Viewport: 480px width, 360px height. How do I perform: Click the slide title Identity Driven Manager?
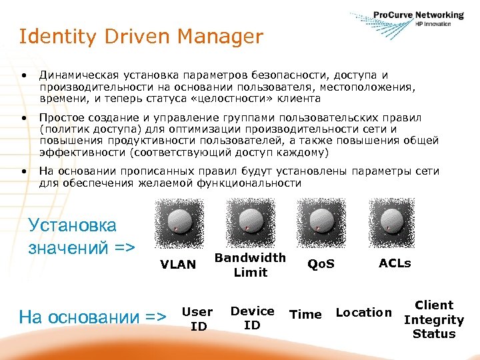(x=141, y=37)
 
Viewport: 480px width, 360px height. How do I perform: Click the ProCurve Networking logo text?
(x=418, y=15)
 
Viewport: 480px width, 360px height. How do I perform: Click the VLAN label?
(x=178, y=265)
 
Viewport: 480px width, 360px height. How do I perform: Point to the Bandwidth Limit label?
(x=250, y=265)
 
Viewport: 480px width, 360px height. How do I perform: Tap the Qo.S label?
(x=321, y=265)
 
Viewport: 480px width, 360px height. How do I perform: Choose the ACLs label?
(x=395, y=263)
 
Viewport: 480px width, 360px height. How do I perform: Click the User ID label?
(x=197, y=319)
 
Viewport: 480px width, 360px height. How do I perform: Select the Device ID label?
(x=252, y=318)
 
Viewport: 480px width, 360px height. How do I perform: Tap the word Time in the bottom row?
(x=306, y=315)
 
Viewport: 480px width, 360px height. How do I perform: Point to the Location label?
(x=363, y=313)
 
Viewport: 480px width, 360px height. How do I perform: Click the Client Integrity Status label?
(x=433, y=319)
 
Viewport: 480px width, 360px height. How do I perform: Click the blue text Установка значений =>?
(x=81, y=237)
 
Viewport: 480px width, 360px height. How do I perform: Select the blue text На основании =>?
(x=93, y=317)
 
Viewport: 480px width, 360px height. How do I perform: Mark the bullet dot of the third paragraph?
(x=24, y=171)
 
